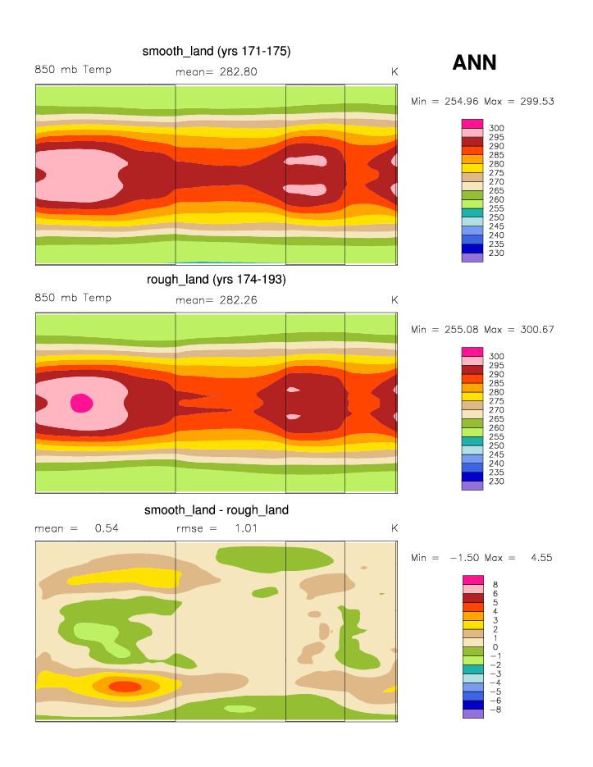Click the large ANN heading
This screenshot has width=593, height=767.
coord(474,62)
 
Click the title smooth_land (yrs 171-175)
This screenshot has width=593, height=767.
coord(217,52)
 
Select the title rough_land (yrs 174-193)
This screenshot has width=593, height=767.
coord(217,280)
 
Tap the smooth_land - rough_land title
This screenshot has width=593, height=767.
coord(217,510)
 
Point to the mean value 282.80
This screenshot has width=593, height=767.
coord(238,71)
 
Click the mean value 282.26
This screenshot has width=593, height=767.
coord(238,300)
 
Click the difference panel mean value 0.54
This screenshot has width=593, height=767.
coord(107,528)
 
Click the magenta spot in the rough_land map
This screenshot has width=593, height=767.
coord(81,402)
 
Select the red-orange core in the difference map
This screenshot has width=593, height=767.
coord(125,686)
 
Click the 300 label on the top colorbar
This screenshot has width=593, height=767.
coord(497,128)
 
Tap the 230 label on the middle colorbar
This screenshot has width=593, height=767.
coord(497,481)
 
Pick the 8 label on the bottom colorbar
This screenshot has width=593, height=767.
coord(494,584)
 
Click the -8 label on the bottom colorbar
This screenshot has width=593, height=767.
coord(495,710)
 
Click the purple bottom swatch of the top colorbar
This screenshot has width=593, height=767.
coord(472,258)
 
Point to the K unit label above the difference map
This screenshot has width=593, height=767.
coord(395,528)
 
